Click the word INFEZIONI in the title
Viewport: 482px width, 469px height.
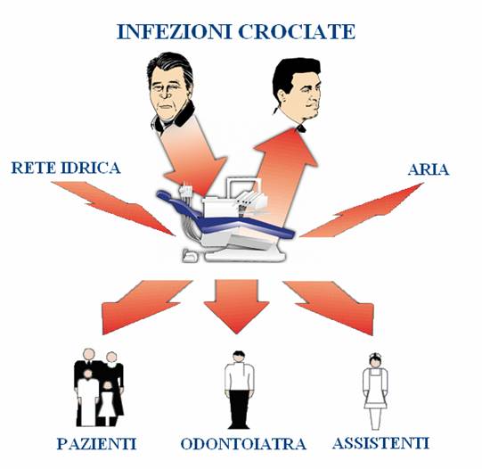(x=175, y=32)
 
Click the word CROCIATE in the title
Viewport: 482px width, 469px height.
(x=297, y=32)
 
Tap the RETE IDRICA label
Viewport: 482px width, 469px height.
(x=66, y=168)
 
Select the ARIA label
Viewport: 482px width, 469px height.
(x=429, y=169)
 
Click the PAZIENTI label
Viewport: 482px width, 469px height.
(x=96, y=443)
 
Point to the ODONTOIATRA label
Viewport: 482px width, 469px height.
(x=243, y=443)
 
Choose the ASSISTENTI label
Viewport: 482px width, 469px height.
(x=380, y=443)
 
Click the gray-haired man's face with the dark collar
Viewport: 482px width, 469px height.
(x=170, y=91)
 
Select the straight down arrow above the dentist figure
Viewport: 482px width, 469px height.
(x=236, y=304)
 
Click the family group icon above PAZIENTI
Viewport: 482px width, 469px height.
(x=99, y=387)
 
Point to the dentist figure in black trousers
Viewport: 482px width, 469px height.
(x=239, y=390)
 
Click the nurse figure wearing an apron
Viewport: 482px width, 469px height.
(x=375, y=391)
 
